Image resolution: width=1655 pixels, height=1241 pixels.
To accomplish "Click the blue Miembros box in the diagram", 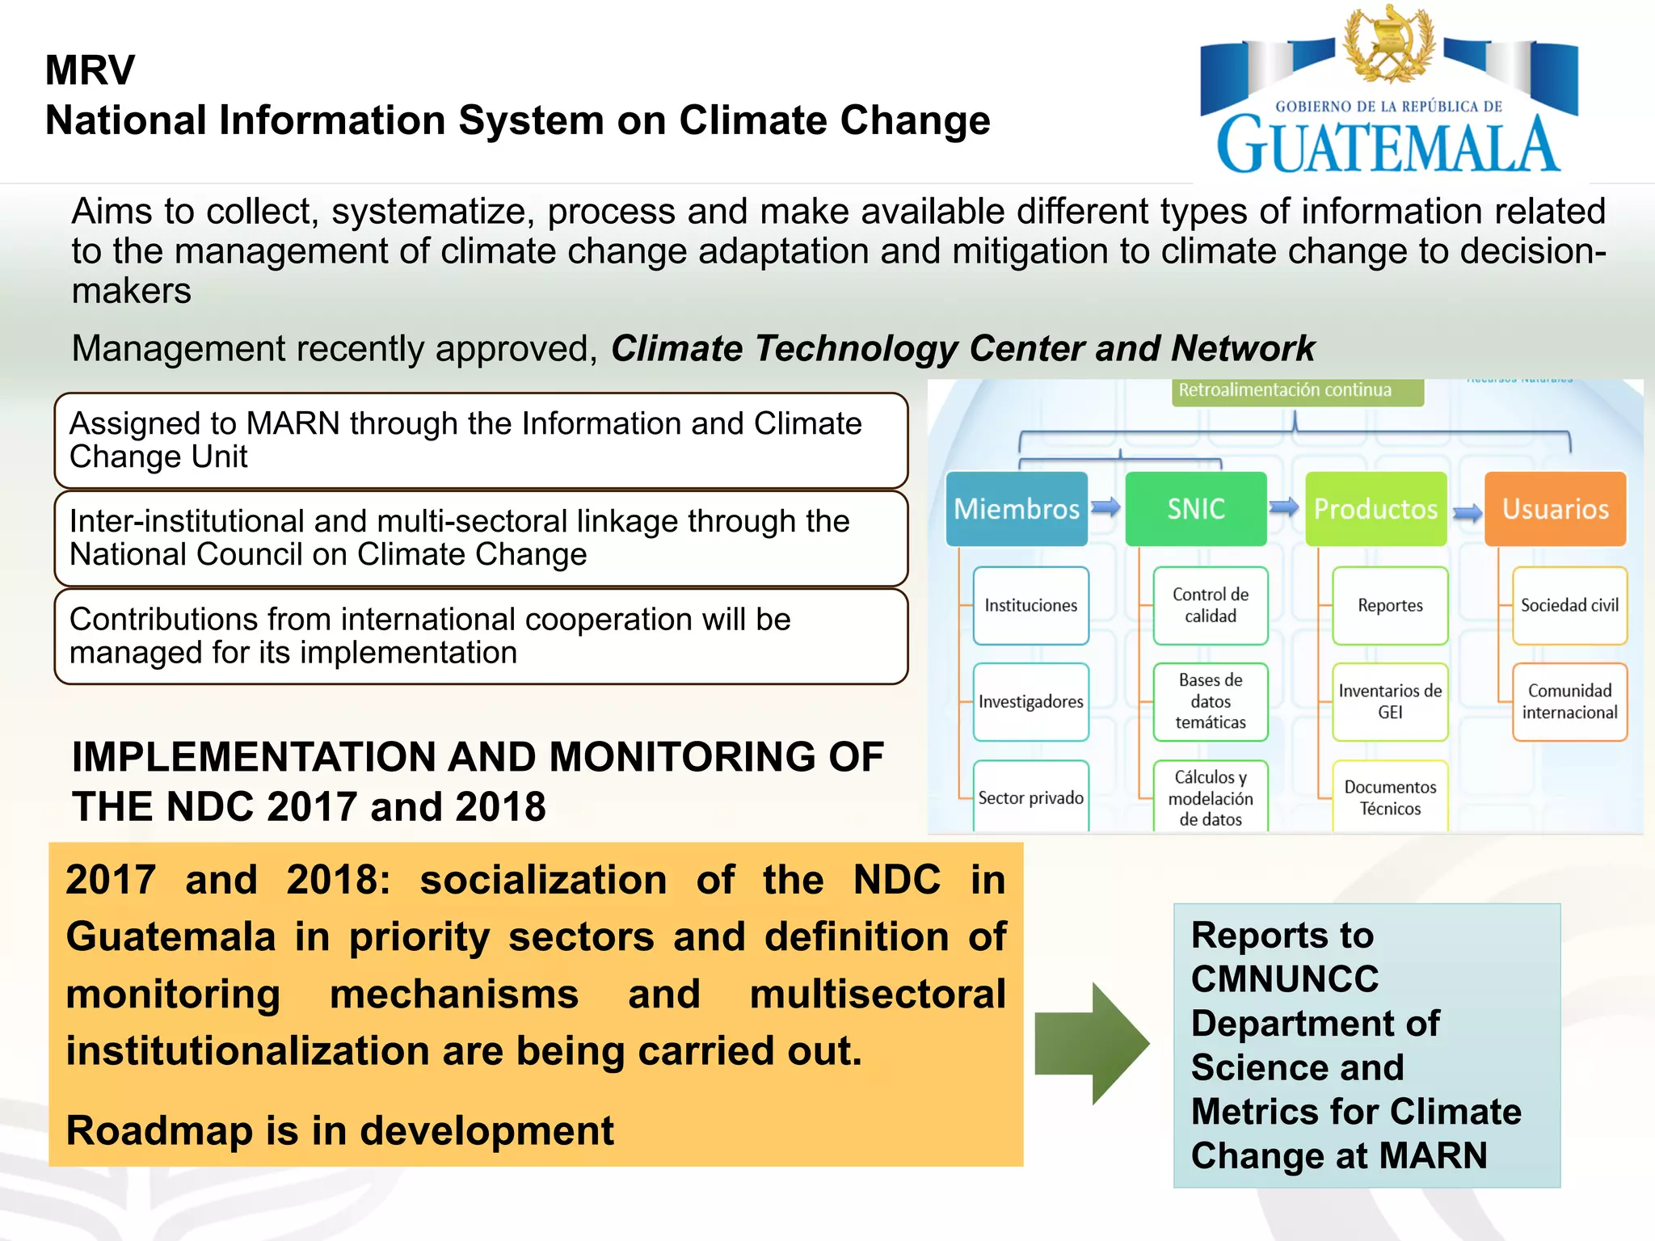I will tap(1017, 509).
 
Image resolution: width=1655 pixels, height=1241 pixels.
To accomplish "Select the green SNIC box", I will tap(1196, 509).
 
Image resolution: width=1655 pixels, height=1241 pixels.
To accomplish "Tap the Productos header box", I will tap(1375, 509).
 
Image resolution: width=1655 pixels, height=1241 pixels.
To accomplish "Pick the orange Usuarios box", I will tap(1556, 509).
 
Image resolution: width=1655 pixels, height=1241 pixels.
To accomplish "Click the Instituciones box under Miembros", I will tap(1030, 605).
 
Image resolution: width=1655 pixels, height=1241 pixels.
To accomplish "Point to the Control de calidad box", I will tap(1211, 605).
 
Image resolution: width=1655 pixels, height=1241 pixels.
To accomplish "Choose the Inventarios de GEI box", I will tap(1390, 701).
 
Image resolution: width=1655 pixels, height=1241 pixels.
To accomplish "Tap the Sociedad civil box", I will tap(1569, 605).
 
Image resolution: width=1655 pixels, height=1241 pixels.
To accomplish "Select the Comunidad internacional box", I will tap(1569, 701).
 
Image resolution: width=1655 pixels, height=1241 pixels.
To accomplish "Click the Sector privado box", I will tap(1030, 797).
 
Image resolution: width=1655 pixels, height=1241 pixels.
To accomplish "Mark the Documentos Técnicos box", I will tap(1390, 797).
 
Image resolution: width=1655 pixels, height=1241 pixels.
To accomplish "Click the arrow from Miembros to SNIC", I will tap(1105, 507).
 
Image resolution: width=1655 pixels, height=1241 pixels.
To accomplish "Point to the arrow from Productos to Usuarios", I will tap(1468, 512).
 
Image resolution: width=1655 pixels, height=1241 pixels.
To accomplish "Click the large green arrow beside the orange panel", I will tap(1093, 1043).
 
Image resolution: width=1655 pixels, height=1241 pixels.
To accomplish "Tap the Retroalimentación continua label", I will tap(1285, 390).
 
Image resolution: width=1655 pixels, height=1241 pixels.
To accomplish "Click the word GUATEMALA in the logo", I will tap(1388, 145).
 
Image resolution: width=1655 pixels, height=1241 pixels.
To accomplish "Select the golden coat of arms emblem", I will tap(1388, 44).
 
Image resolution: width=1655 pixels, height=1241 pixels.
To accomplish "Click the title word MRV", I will tap(90, 70).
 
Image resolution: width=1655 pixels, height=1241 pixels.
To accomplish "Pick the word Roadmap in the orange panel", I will tap(158, 1130).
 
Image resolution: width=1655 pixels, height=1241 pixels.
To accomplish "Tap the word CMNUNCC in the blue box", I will tap(1285, 979).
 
